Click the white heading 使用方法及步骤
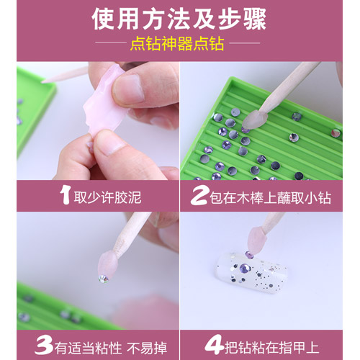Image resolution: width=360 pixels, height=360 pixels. (x=179, y=19)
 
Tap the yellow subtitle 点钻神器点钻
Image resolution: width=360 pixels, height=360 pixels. (x=177, y=43)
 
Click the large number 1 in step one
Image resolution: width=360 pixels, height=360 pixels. (x=65, y=196)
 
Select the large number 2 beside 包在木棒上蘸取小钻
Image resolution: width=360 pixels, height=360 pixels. (x=199, y=197)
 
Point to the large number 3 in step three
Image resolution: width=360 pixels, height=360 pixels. (x=44, y=346)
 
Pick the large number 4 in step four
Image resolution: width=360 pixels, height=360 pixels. (x=215, y=346)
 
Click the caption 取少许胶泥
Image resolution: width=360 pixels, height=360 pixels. (x=107, y=198)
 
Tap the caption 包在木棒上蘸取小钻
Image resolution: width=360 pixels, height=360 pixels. (x=271, y=198)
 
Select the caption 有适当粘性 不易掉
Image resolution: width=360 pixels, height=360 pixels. (x=111, y=348)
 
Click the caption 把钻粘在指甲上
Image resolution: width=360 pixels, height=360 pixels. (x=272, y=347)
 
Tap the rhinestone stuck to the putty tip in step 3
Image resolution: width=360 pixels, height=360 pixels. (x=104, y=279)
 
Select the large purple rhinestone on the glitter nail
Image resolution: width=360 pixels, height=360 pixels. (x=244, y=268)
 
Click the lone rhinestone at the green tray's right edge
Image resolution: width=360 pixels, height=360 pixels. (x=336, y=132)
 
